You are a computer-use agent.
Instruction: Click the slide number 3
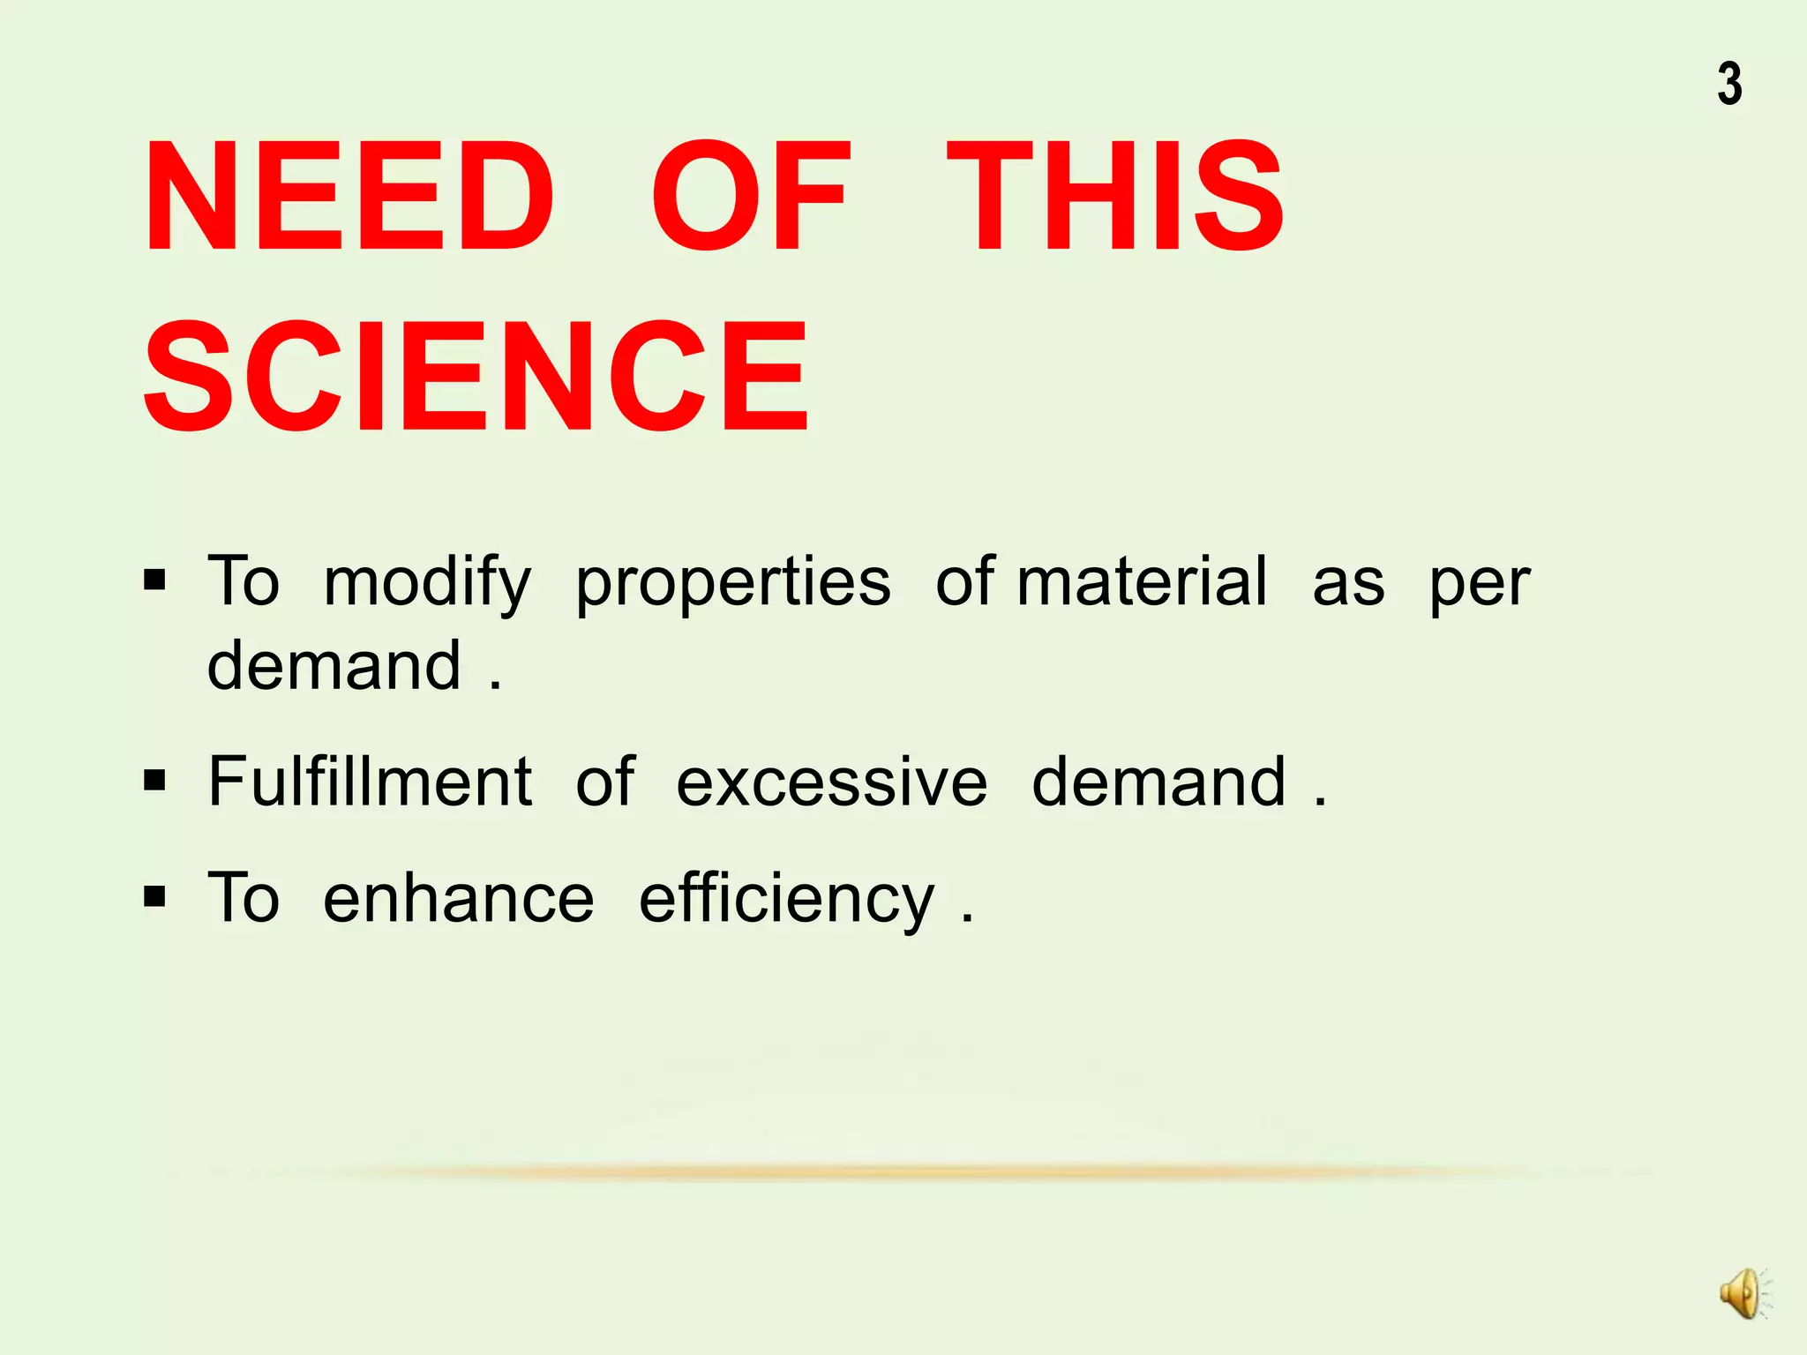pos(1729,85)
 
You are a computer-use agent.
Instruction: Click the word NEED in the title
pos(349,197)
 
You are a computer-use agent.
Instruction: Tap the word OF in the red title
pos(751,197)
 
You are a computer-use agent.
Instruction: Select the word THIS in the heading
pos(1115,197)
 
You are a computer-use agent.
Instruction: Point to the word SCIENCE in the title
pos(476,377)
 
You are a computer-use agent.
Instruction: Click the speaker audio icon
pos(1743,1294)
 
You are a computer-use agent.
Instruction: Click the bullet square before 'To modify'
pos(154,580)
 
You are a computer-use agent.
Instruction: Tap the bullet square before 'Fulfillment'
pos(154,781)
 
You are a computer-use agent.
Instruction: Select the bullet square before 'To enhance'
pos(154,897)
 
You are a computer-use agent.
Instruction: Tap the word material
pos(1143,582)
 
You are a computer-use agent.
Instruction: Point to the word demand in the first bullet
pos(334,665)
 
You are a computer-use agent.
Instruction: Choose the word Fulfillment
pos(370,782)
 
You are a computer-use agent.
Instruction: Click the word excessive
pos(832,783)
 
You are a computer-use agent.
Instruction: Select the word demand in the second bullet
pos(1159,782)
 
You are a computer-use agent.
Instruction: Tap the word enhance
pos(459,899)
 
